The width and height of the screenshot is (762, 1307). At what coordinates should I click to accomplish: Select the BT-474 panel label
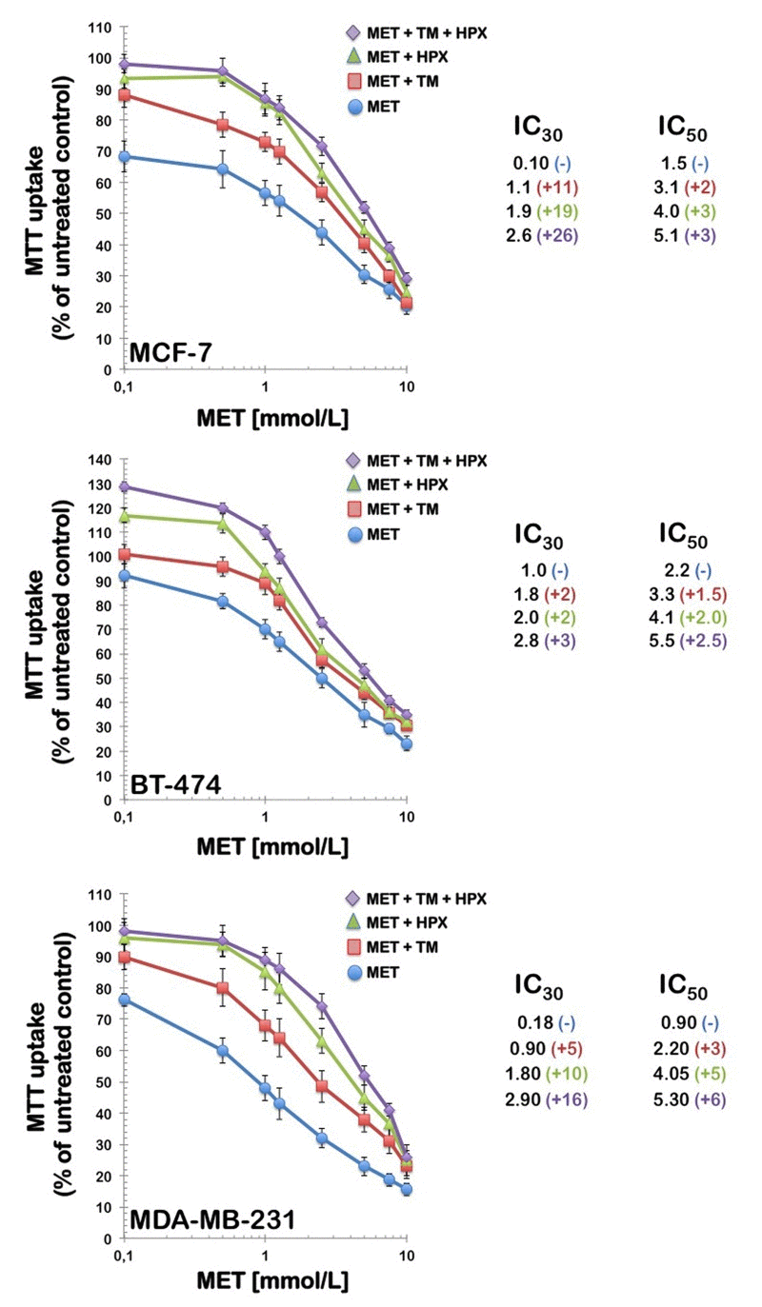pos(177,786)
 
